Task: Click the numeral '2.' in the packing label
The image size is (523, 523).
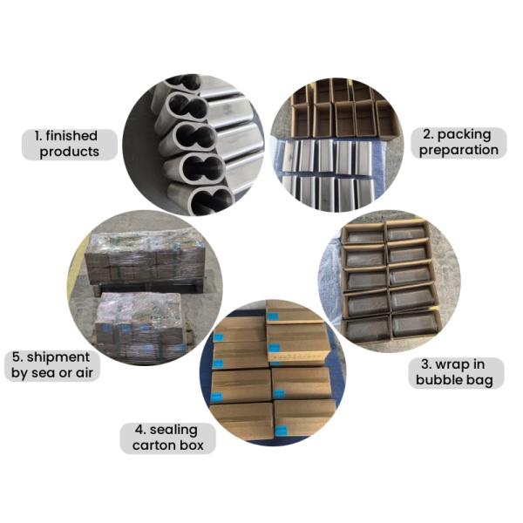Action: point(428,134)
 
